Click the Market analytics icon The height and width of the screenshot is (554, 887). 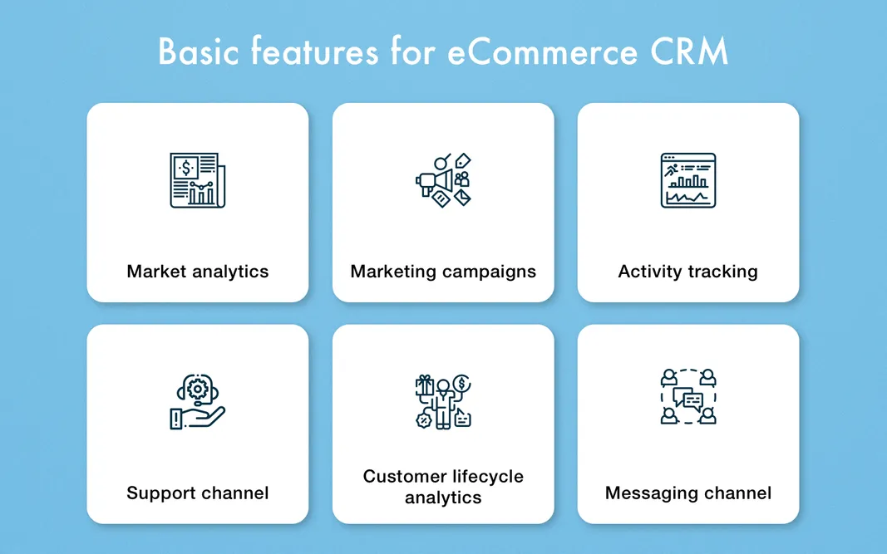tap(197, 179)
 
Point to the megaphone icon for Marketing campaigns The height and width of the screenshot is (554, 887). tap(442, 179)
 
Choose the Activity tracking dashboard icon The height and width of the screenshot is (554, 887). tap(687, 179)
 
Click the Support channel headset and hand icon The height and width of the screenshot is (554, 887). tap(197, 402)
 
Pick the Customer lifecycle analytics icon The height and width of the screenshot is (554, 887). tap(442, 402)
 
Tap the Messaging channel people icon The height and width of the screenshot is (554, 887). tap(687, 396)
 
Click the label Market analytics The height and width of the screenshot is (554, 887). tap(198, 272)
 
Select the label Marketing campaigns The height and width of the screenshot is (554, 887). tap(443, 272)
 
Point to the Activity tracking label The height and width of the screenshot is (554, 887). tap(688, 272)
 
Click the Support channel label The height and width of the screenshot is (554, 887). tap(198, 493)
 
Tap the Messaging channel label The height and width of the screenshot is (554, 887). tap(688, 493)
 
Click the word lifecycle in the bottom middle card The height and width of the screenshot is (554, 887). tap(487, 477)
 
